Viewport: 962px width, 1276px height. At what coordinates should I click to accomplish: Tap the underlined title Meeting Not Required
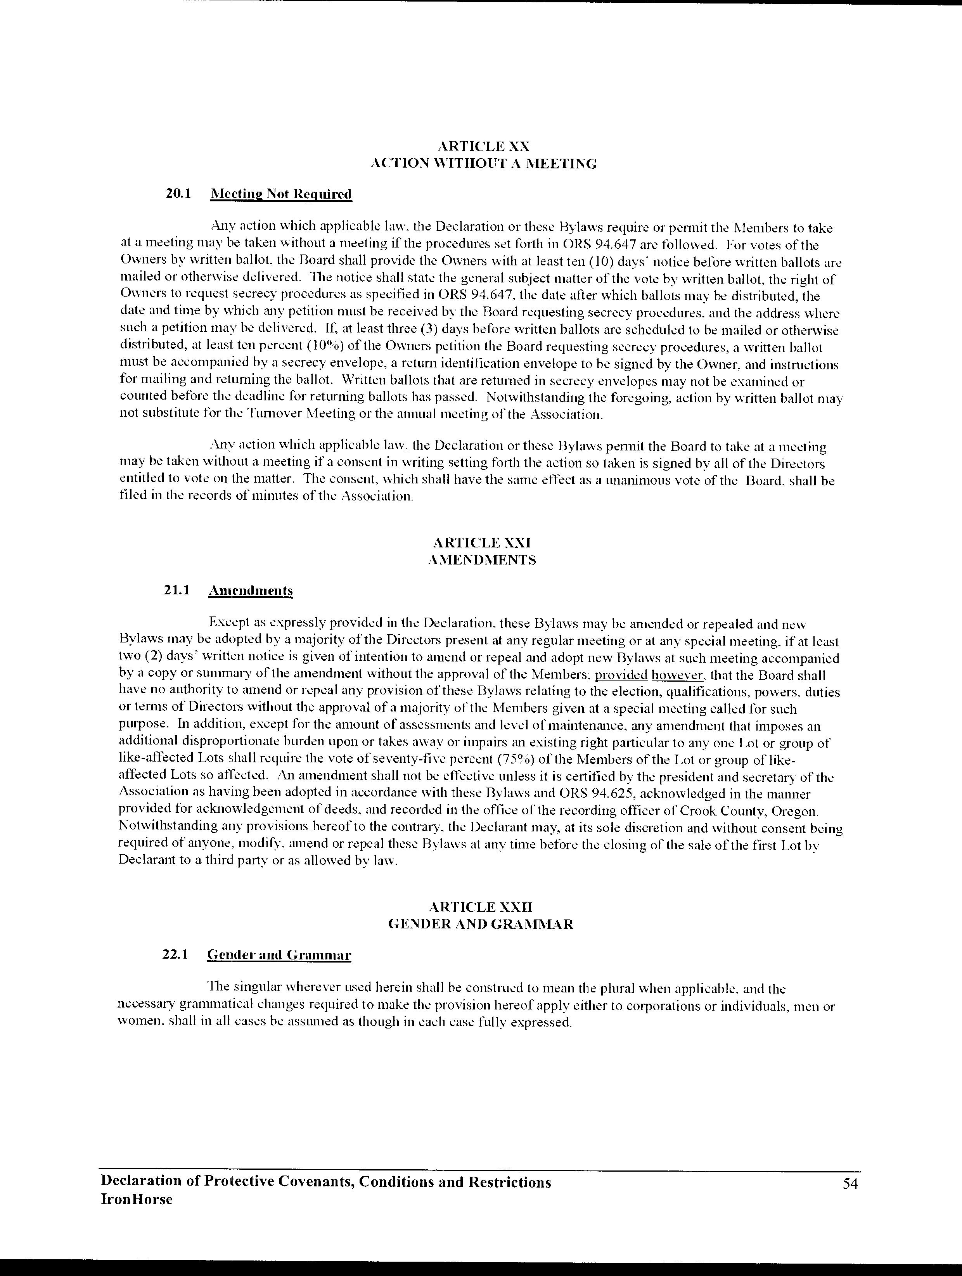pos(280,194)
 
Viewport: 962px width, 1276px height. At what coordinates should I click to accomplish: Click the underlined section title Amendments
pos(250,591)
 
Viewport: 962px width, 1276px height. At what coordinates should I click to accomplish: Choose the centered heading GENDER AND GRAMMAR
pos(481,924)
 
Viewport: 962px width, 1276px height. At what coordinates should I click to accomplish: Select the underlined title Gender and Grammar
pos(279,955)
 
